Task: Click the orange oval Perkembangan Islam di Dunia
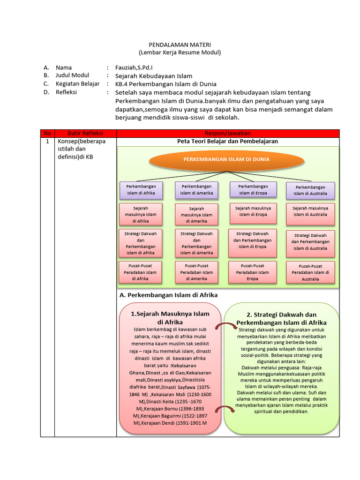[226, 159]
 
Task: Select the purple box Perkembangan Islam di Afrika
[141, 190]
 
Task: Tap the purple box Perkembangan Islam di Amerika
[196, 189]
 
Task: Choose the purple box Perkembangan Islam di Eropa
[253, 189]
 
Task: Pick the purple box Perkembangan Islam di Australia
[310, 190]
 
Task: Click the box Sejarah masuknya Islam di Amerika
[196, 215]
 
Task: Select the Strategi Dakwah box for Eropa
[253, 240]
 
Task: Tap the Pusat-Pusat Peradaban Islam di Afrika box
[141, 272]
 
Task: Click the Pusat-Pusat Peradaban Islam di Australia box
[310, 272]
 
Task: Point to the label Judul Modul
[72, 75]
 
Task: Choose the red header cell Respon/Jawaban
[227, 134]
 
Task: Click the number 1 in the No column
[47, 141]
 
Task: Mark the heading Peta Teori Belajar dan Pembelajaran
[227, 141]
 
